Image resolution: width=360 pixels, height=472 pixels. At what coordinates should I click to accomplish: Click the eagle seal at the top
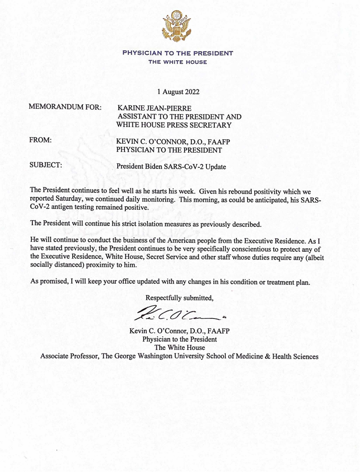coord(177,25)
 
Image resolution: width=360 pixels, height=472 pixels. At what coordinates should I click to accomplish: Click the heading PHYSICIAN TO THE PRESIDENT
coord(178,53)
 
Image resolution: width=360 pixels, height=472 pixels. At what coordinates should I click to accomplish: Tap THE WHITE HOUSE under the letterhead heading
coord(178,62)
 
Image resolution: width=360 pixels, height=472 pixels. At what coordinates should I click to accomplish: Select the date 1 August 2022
coord(178,92)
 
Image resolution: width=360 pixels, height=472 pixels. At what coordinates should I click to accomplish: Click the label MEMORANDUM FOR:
coord(65,107)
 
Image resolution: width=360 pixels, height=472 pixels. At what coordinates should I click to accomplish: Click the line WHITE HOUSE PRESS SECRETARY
coord(174,125)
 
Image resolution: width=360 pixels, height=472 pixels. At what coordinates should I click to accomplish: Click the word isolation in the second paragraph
coord(157,223)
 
